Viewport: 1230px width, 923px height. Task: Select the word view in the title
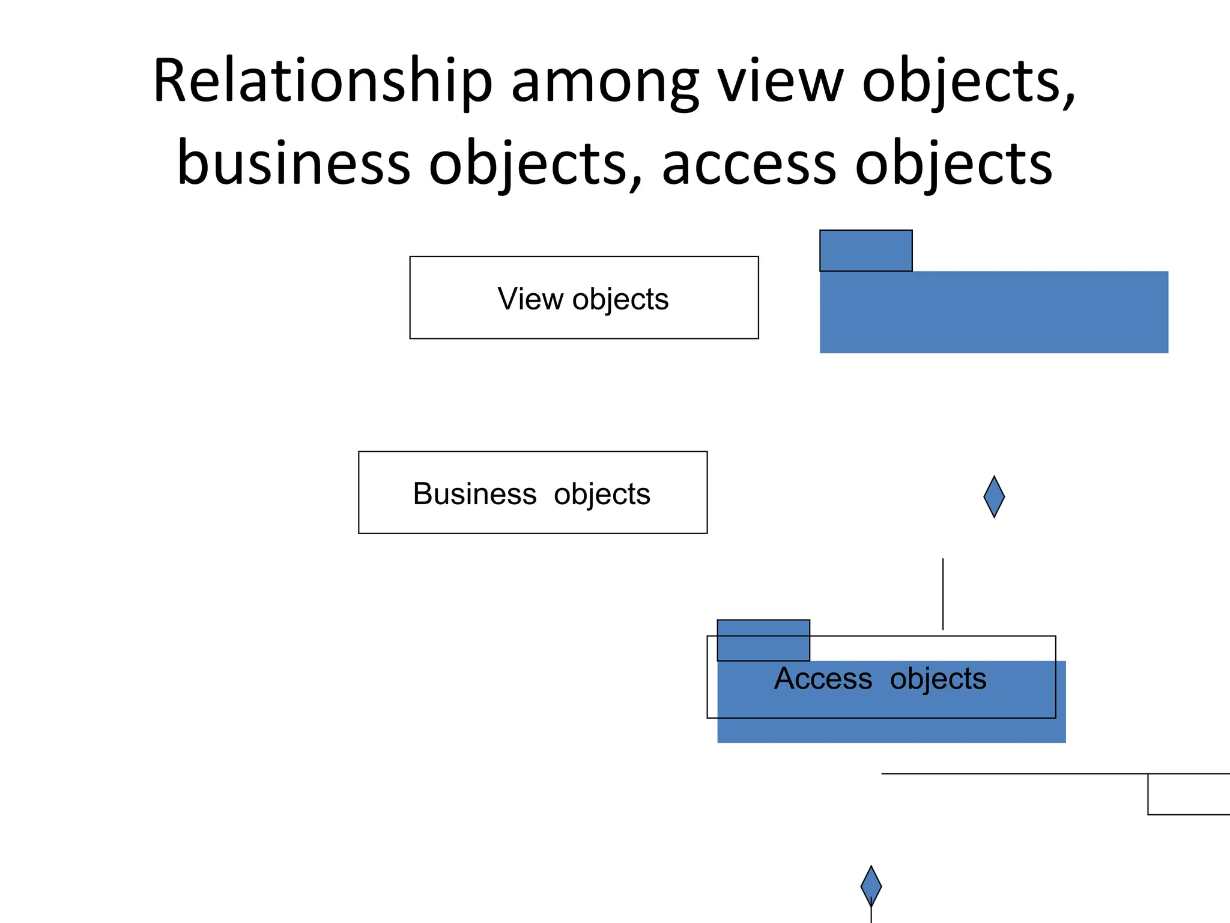point(781,83)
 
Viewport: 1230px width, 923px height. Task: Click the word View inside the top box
point(530,299)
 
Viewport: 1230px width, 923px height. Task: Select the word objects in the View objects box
point(620,299)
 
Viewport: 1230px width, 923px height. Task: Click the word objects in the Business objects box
point(602,495)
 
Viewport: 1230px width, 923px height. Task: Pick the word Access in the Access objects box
point(823,678)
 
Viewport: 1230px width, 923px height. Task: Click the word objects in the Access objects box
point(938,680)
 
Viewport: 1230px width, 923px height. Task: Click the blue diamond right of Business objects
point(994,496)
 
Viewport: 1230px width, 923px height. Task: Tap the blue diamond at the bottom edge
point(871,885)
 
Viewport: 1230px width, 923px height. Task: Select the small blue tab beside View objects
point(865,251)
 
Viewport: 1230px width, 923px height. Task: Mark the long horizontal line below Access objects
point(1015,773)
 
